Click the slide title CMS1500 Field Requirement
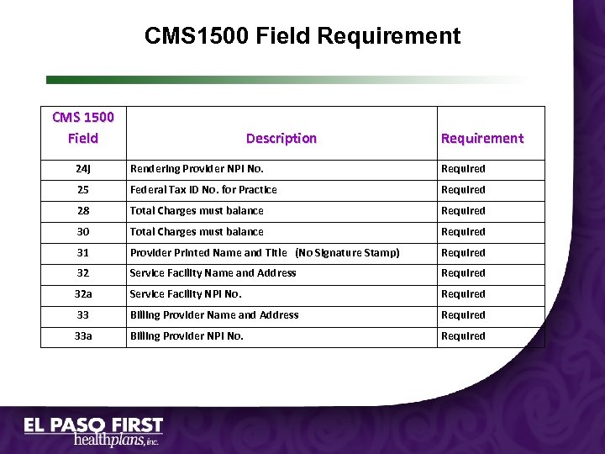tap(302, 36)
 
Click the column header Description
tap(281, 138)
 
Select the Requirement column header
tap(481, 138)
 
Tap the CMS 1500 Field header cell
tap(82, 127)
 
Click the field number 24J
tap(82, 169)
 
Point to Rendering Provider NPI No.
tap(197, 169)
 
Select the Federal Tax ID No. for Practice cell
tap(203, 190)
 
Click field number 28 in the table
tap(82, 211)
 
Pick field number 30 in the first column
tap(82, 232)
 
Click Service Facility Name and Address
tap(213, 273)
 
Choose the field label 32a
tap(82, 294)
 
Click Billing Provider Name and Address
tap(214, 315)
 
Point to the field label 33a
tap(82, 336)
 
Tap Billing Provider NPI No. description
tap(187, 336)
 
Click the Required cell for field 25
tap(463, 190)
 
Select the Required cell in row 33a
tap(463, 336)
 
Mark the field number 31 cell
tap(82, 253)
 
